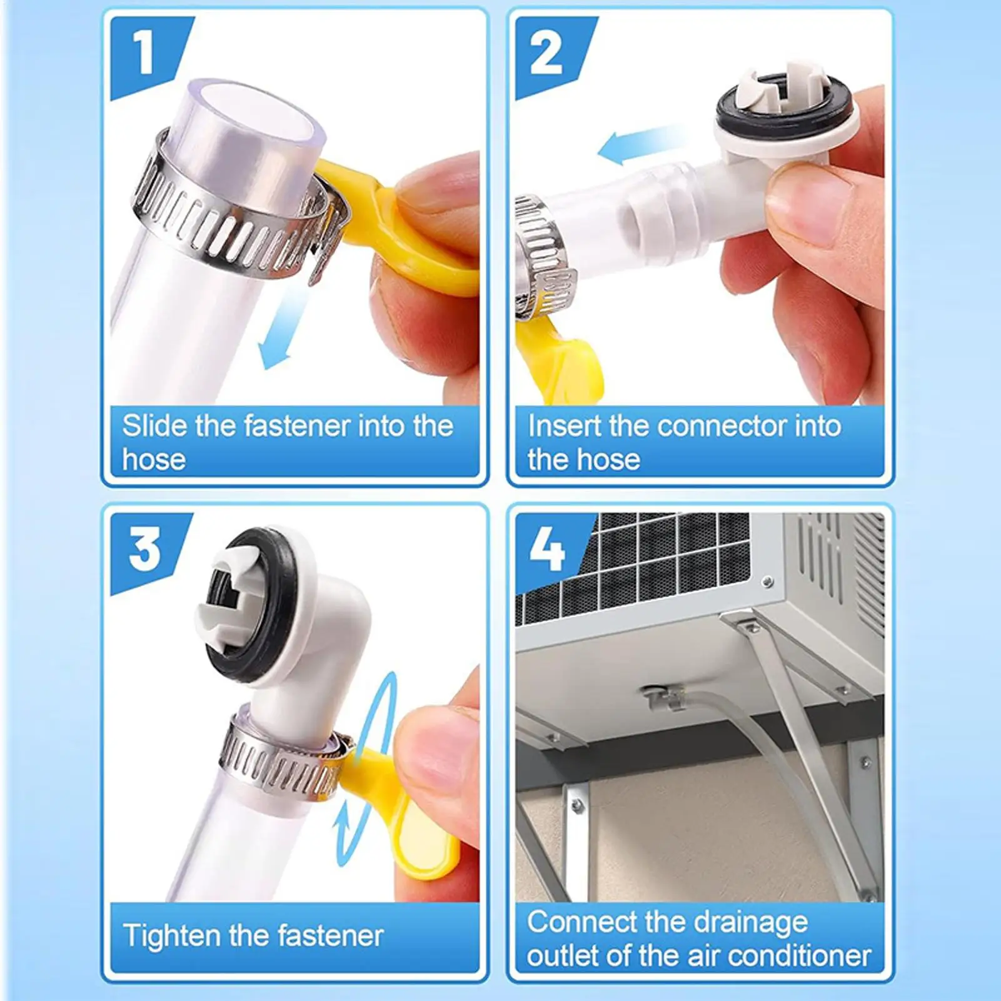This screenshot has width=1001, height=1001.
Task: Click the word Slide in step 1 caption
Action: tap(154, 426)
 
